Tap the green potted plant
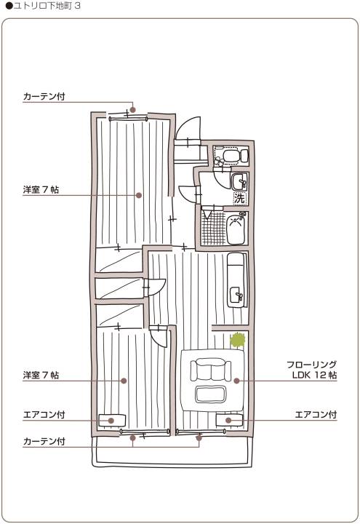click(x=237, y=341)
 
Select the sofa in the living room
click(x=211, y=370)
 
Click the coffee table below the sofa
click(x=211, y=394)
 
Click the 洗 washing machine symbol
click(x=240, y=198)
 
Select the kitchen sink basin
click(x=237, y=295)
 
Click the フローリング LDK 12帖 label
click(x=312, y=370)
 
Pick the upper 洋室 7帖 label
click(x=41, y=190)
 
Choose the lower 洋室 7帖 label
click(x=41, y=376)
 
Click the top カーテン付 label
click(x=44, y=97)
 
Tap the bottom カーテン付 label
click(x=44, y=442)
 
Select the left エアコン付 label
click(x=44, y=415)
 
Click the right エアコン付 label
click(x=316, y=415)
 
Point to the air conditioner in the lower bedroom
click(x=112, y=421)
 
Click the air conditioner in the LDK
click(x=229, y=420)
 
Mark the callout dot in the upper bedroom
click(x=139, y=195)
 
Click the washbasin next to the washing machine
click(x=240, y=182)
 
